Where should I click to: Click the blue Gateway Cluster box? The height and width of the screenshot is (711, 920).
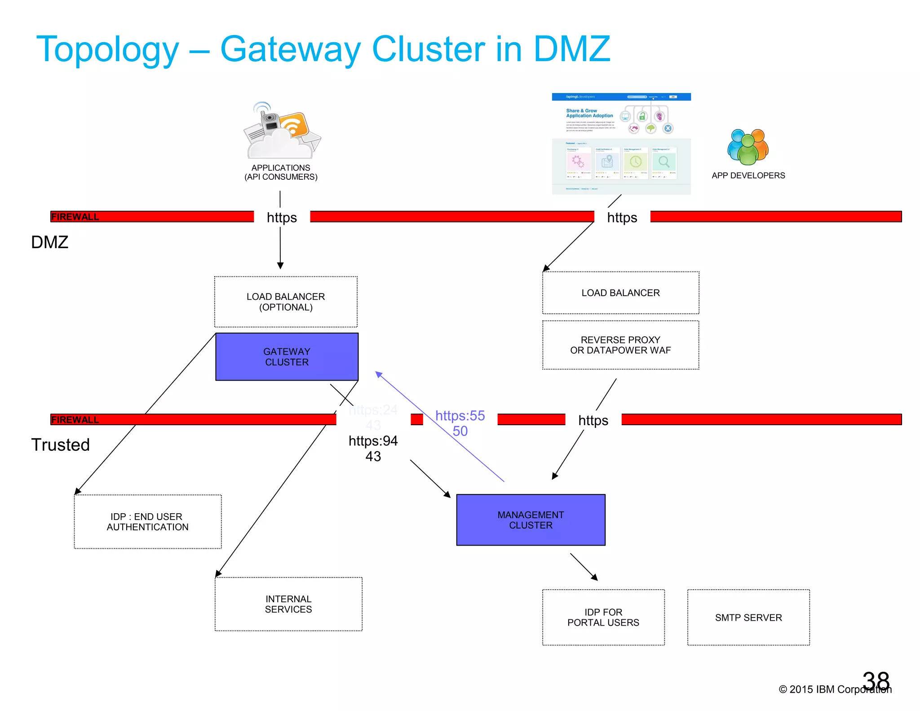coord(287,356)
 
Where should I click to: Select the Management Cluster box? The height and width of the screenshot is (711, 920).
coord(531,520)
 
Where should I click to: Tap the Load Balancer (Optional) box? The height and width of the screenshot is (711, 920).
coord(286,302)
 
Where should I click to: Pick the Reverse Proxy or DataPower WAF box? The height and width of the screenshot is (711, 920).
coord(620,345)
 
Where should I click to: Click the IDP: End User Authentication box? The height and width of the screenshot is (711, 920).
coord(147,521)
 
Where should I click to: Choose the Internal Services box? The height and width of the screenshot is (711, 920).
coord(288,604)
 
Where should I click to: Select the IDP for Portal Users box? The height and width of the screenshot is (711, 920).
coord(603,617)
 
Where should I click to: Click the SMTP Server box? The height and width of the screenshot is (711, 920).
coord(748,617)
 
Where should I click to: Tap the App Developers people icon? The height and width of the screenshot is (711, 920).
coord(748,147)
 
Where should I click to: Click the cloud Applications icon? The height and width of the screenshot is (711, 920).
coord(282,131)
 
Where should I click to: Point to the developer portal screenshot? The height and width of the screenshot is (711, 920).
coord(621,144)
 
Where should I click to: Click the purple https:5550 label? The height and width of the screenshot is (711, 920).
coord(460,423)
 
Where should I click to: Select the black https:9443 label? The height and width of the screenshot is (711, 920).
coord(373,448)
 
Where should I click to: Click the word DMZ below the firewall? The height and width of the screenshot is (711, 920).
coord(49,242)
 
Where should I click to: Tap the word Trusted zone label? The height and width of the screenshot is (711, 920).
coord(60,445)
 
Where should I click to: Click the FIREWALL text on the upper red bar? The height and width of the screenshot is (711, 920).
coord(75,217)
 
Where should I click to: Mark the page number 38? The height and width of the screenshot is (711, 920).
coord(876,680)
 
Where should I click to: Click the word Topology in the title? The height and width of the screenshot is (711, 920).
coord(107,49)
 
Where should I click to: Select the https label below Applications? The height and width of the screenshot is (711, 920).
coord(282,218)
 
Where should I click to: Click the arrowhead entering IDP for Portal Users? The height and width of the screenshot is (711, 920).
coord(594,578)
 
